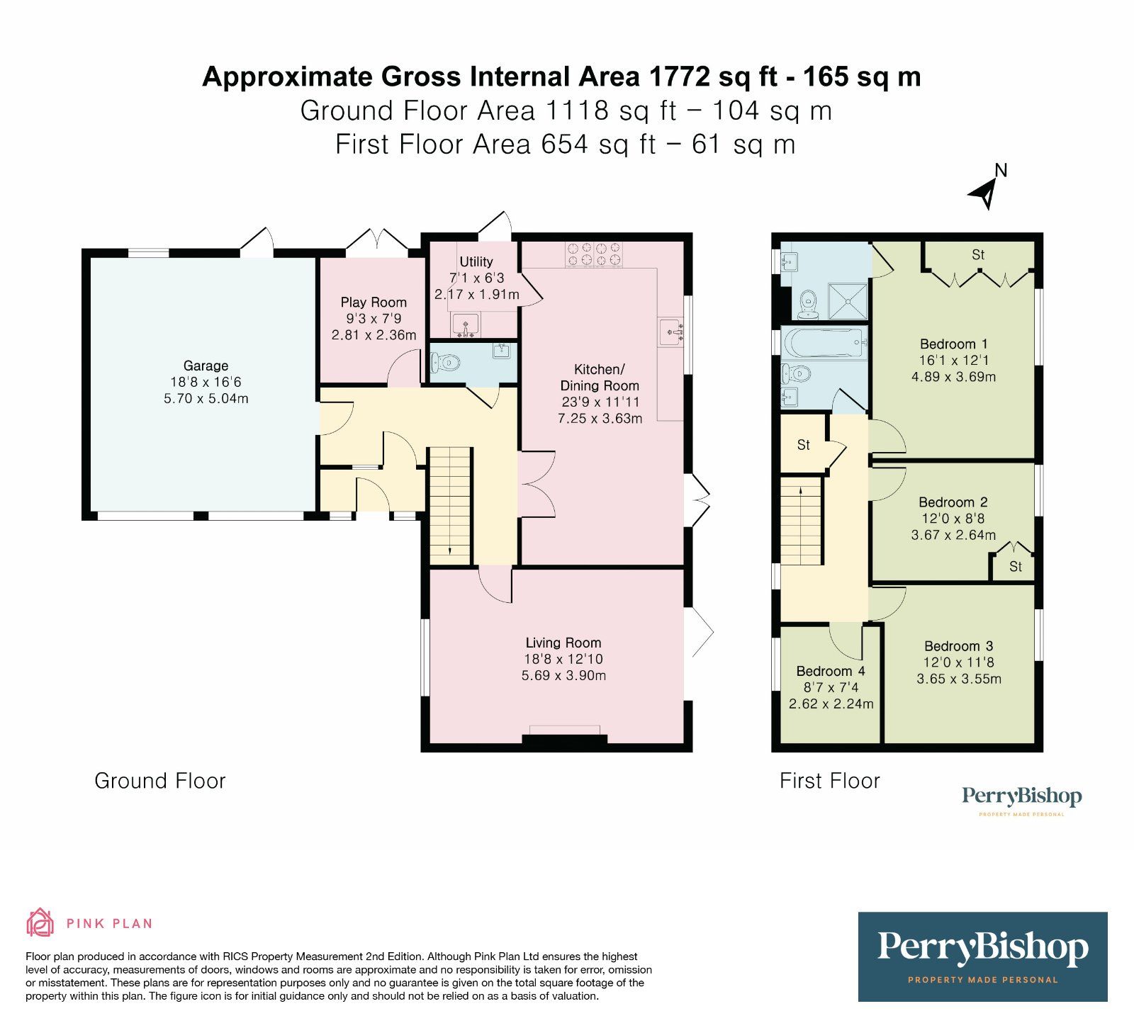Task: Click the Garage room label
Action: point(206,366)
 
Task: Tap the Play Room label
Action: point(374,303)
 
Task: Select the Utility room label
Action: point(476,261)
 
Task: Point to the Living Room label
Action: point(563,643)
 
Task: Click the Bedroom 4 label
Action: point(831,671)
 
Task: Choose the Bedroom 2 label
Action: point(953,502)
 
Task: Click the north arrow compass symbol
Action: point(985,187)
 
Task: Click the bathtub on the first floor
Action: point(824,344)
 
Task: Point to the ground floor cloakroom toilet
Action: point(445,363)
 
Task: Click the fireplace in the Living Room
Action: point(565,738)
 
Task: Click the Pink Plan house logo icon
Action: point(40,923)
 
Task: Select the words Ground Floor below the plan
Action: point(160,781)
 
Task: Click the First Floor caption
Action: point(830,781)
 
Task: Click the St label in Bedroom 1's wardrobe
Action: point(978,254)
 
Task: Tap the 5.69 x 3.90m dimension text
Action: point(563,675)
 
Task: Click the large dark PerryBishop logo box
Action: point(982,956)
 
